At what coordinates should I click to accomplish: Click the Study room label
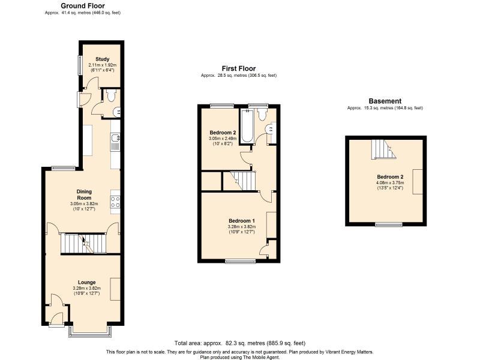[102, 59]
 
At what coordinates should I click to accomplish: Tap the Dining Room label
[84, 194]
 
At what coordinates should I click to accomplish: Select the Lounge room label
[86, 282]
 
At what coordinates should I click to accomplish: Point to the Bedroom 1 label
[242, 221]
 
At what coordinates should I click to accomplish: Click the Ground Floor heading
[83, 6]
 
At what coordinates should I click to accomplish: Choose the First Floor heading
[239, 68]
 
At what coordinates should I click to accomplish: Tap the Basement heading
[385, 101]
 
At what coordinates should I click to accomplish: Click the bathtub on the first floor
[247, 126]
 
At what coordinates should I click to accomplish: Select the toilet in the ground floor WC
[110, 95]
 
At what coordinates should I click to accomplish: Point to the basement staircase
[383, 149]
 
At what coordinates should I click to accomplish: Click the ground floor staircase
[83, 244]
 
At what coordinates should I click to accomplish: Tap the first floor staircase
[239, 181]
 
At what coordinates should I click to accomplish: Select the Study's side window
[79, 65]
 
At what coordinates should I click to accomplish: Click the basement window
[389, 224]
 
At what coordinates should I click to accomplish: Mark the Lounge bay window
[89, 331]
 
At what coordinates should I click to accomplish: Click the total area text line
[239, 343]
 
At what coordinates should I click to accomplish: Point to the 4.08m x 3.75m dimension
[390, 183]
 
